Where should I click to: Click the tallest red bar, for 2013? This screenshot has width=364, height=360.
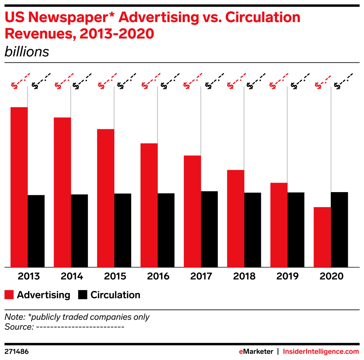[x=19, y=187]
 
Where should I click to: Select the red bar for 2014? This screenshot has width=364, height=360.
[x=62, y=192]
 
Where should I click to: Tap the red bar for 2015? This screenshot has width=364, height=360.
[x=106, y=198]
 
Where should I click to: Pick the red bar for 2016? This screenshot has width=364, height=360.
[x=149, y=205]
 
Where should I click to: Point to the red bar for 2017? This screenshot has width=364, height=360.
[x=193, y=211]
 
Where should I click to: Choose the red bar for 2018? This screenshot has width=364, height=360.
[x=236, y=218]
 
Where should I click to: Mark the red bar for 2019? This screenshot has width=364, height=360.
[x=279, y=225]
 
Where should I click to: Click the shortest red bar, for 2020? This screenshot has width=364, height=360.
[x=322, y=237]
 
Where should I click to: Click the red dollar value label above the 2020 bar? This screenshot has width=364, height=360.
[x=323, y=81]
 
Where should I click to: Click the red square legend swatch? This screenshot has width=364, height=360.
[x=9, y=294]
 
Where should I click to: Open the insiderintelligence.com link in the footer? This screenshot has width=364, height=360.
[x=321, y=352]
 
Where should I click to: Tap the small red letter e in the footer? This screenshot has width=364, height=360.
[x=241, y=352]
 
